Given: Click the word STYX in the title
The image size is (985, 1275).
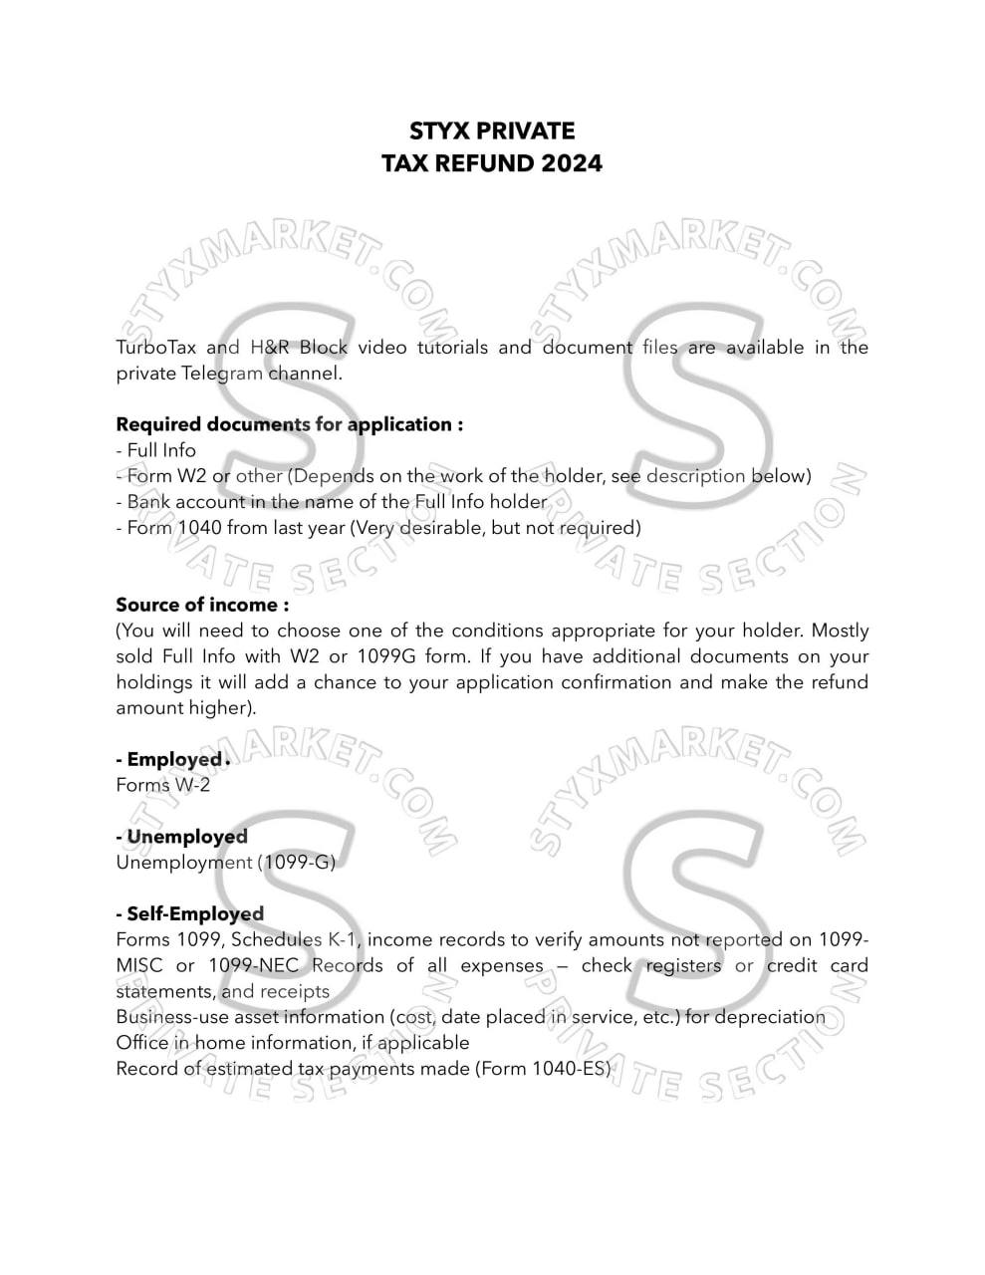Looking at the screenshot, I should point(439,131).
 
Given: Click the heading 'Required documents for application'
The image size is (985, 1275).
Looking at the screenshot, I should point(289,424).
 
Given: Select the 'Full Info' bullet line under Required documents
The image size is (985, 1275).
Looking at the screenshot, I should point(156,450).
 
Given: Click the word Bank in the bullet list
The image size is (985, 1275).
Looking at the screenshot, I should point(147,502).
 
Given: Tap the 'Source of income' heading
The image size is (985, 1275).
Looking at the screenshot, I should point(202,605).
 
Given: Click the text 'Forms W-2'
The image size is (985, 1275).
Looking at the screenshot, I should point(163,785).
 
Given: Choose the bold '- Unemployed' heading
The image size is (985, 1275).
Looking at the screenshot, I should point(182,837).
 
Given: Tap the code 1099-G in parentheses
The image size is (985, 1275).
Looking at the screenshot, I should point(296,863).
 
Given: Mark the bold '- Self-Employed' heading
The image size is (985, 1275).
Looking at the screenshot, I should point(190,914).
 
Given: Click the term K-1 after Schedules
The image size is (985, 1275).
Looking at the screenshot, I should point(343,939).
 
